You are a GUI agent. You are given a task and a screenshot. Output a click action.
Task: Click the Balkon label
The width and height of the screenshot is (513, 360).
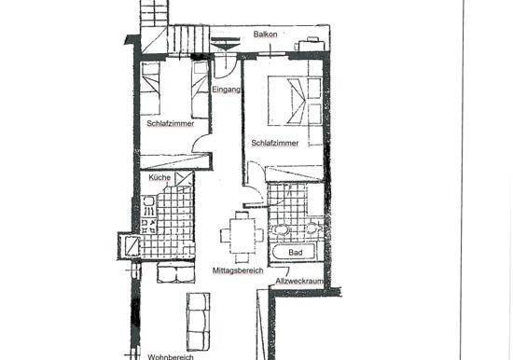point(265,35)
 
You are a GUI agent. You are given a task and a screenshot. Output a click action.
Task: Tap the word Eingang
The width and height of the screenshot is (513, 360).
point(227,90)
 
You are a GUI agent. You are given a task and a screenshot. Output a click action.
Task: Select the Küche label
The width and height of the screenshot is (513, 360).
point(159,178)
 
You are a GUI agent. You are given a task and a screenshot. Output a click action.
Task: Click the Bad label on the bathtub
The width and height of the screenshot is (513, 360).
point(296,253)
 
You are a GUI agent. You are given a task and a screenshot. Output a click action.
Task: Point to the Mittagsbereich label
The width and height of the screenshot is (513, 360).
point(238,270)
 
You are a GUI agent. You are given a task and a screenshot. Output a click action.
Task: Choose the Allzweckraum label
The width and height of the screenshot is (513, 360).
point(299,281)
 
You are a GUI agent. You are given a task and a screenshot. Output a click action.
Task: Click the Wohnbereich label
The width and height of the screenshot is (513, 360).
point(171,357)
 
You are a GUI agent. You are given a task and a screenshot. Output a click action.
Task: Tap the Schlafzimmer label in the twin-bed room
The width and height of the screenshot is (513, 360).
point(171,124)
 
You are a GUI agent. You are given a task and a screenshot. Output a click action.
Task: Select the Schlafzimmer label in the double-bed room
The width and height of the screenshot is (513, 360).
point(275,144)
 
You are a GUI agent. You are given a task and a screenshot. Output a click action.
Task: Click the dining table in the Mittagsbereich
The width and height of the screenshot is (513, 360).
point(243,236)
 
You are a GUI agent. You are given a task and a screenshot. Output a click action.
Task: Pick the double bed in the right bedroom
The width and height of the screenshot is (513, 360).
point(295,101)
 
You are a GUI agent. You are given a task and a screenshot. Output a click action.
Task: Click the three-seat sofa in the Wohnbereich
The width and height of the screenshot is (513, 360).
point(199,322)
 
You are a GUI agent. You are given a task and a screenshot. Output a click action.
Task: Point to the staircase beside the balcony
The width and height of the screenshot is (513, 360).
point(188,38)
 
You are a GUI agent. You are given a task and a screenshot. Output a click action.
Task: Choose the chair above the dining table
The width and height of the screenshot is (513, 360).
point(243,215)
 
